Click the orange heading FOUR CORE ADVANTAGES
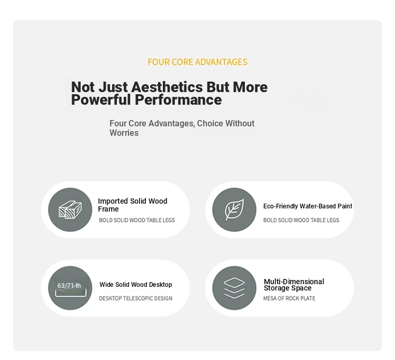pos(197,62)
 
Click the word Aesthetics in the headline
pos(167,87)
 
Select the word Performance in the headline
pos(178,99)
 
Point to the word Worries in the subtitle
pos(124,133)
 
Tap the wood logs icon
pos(70,209)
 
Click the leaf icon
pos(234,209)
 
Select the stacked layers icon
pos(234,288)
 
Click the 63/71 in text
pos(69,285)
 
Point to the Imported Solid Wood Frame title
pos(133,205)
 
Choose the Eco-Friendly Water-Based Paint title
pos(308,206)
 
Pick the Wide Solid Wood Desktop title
pos(135,285)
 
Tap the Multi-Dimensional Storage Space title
pos(294,285)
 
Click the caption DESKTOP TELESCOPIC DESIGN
pos(135,298)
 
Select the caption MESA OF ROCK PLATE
pos(289,298)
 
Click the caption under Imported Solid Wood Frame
pos(137,221)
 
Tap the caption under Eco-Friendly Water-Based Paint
pos(301,221)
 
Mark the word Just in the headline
pos(113,87)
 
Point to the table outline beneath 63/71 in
pos(71,296)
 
